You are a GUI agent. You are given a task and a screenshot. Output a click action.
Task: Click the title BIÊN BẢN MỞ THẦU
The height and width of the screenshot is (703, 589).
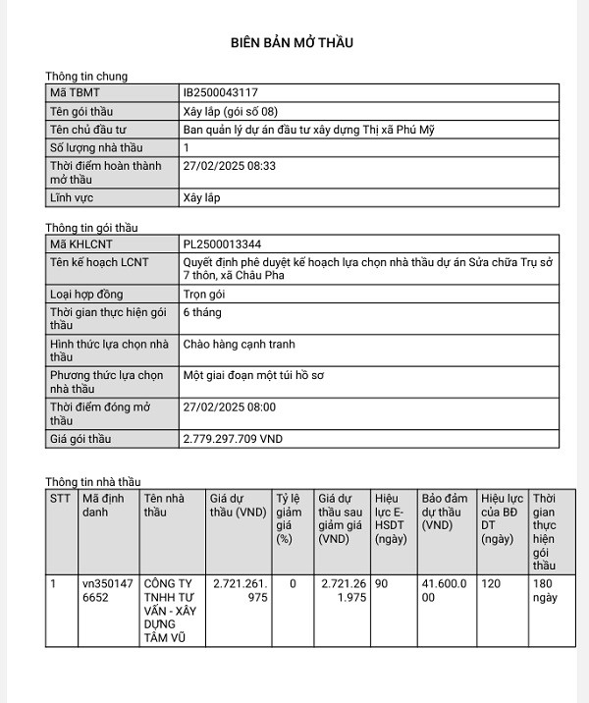tap(292, 42)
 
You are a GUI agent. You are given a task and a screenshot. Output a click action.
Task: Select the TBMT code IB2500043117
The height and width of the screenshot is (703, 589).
tap(221, 92)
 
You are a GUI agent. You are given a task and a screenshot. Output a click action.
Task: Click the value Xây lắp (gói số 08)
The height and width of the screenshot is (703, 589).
tap(223, 111)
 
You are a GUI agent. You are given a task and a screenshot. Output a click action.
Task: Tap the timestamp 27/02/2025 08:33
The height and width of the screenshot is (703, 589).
tap(230, 166)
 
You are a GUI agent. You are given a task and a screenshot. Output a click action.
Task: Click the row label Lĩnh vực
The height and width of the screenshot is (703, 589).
tap(73, 197)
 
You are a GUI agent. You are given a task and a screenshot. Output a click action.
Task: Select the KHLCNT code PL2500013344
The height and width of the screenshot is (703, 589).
tap(222, 243)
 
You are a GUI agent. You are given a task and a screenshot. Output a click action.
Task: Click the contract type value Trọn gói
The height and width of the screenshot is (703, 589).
tap(204, 294)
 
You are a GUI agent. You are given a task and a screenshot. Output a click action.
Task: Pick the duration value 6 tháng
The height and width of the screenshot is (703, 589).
tap(202, 312)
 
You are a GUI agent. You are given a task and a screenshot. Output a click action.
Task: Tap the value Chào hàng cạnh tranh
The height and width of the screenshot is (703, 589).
tap(239, 345)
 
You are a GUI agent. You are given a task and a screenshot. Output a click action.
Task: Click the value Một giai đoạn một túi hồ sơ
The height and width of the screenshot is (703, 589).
tap(252, 375)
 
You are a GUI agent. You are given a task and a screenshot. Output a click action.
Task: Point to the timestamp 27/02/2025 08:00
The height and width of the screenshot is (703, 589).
tap(230, 406)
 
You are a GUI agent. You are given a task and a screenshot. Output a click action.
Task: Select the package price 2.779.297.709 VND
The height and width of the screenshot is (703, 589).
tap(233, 439)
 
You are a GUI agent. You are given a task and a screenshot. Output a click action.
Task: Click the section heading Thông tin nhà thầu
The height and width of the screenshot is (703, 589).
tap(93, 482)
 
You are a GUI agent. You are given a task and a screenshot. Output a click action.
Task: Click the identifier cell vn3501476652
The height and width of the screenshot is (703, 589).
tap(107, 590)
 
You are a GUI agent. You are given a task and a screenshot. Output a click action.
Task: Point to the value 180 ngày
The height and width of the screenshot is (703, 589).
tap(545, 590)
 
